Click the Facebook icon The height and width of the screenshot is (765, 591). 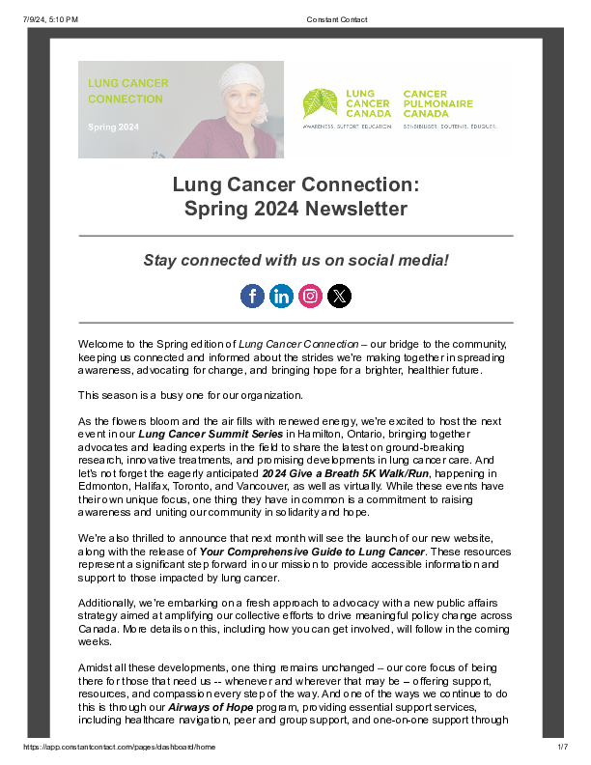click(x=252, y=297)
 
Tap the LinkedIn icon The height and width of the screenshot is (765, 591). click(x=281, y=297)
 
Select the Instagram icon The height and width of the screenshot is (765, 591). click(x=310, y=297)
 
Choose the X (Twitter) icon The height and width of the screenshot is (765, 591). click(x=339, y=297)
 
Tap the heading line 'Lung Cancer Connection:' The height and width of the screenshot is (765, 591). click(x=295, y=184)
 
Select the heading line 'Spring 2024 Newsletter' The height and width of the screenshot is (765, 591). click(x=295, y=209)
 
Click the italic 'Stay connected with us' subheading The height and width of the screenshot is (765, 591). click(x=295, y=260)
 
